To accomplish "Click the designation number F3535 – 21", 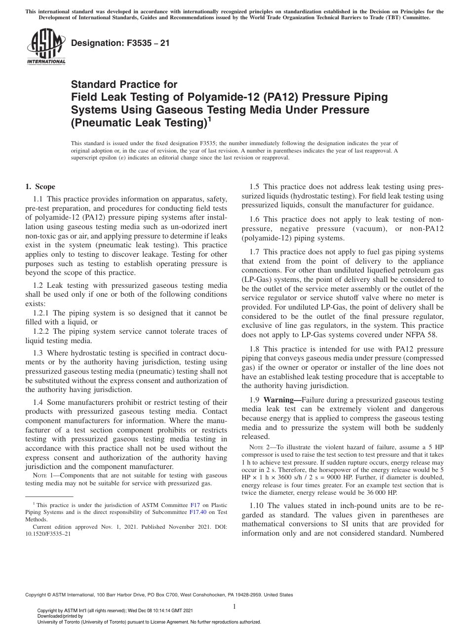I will click(x=120, y=43).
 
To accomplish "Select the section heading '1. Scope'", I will click(x=40, y=187).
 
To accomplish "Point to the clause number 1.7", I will click(x=256, y=252).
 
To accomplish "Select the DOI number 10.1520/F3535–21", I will click(x=48, y=534).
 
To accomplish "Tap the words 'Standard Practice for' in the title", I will click(x=124, y=84).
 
